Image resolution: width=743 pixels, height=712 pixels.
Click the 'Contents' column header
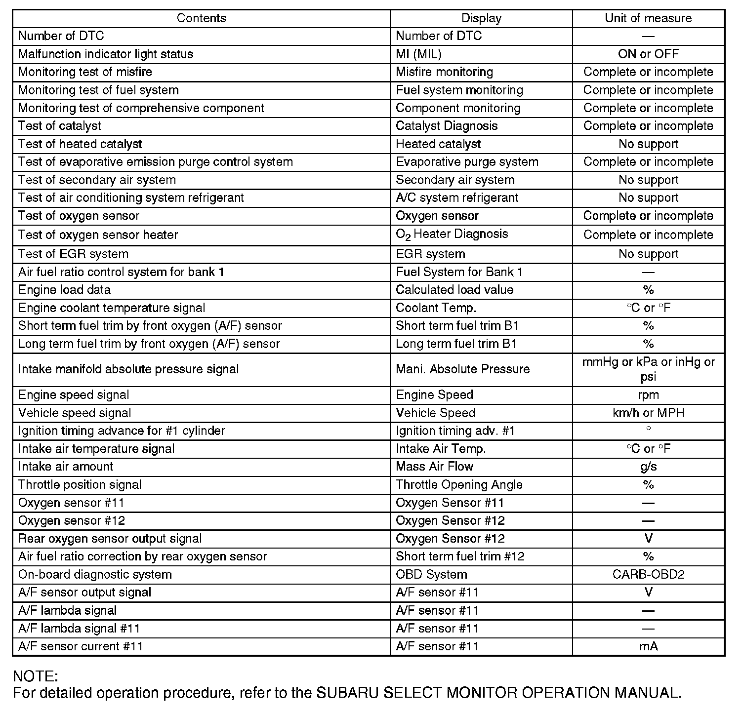pyautogui.click(x=201, y=18)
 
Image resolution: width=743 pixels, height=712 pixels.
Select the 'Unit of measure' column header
pyautogui.click(x=648, y=18)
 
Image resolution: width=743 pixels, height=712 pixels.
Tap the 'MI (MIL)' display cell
pyautogui.click(x=418, y=54)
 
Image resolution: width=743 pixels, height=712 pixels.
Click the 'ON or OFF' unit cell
pyautogui.click(x=648, y=54)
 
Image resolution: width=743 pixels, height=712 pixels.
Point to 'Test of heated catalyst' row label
pyautogui.click(x=80, y=144)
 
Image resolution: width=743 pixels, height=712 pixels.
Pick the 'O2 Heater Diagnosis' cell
pyautogui.click(x=452, y=235)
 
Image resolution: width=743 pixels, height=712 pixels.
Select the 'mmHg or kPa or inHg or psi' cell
pyautogui.click(x=648, y=369)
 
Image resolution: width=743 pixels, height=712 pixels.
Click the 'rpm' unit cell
pyautogui.click(x=648, y=395)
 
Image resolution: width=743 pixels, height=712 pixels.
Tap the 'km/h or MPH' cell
pyautogui.click(x=648, y=413)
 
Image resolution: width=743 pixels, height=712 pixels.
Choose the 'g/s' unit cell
pyautogui.click(x=648, y=467)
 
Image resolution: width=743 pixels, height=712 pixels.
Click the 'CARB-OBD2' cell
pyautogui.click(x=648, y=574)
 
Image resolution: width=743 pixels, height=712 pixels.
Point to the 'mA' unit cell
pyautogui.click(x=648, y=646)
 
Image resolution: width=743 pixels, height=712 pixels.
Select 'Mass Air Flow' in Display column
pyautogui.click(x=434, y=467)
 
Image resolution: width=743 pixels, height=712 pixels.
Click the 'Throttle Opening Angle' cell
pyautogui.click(x=459, y=485)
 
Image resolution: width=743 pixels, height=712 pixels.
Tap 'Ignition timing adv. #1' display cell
pyautogui.click(x=455, y=431)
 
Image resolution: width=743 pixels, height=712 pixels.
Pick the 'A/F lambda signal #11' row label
pyautogui.click(x=79, y=629)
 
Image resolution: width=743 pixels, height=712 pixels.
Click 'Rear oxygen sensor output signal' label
pyautogui.click(x=110, y=539)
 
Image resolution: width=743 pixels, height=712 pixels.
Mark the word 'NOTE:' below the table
pyautogui.click(x=36, y=676)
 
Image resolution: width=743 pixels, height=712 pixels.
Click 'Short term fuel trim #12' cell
pyautogui.click(x=460, y=556)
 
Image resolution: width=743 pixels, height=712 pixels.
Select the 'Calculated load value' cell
pyautogui.click(x=454, y=290)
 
